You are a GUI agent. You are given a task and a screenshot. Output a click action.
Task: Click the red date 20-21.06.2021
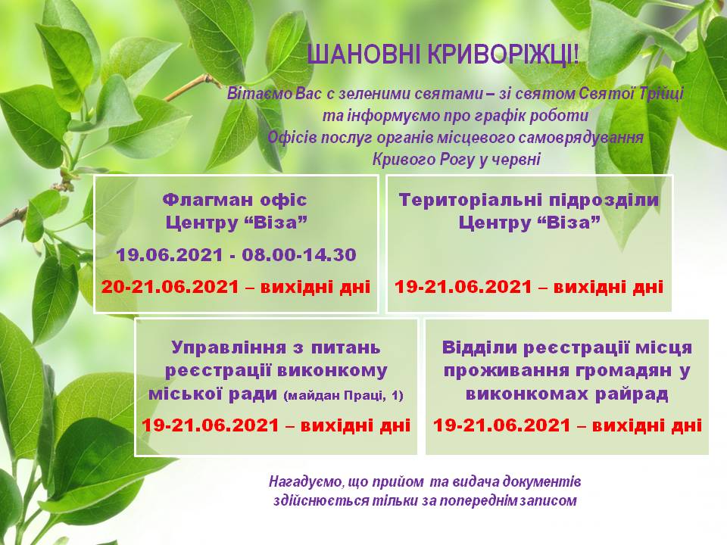[x=170, y=287]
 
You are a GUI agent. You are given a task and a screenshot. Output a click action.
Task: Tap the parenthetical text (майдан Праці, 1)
[x=343, y=396]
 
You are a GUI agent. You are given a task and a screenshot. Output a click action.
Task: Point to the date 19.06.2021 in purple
[x=170, y=255]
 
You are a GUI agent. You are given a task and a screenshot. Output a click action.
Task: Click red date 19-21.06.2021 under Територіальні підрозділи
[x=463, y=287]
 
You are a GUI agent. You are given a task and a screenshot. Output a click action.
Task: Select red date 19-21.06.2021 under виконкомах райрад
[x=502, y=425]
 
